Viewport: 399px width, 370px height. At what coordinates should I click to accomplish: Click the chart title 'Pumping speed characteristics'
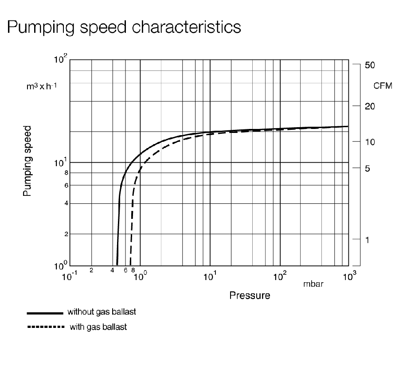[124, 27]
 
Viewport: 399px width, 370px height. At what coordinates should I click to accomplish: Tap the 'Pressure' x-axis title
[250, 295]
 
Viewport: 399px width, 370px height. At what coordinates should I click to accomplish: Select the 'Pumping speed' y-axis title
[27, 160]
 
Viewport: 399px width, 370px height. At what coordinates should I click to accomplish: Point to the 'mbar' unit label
[313, 284]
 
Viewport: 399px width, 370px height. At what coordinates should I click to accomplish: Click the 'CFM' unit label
[383, 86]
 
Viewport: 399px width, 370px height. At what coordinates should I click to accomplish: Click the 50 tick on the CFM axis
[370, 65]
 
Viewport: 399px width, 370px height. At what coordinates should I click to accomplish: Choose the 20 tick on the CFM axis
[370, 106]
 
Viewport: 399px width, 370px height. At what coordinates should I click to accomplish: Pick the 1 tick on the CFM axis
[367, 240]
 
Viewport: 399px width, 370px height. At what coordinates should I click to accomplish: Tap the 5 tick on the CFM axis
[367, 168]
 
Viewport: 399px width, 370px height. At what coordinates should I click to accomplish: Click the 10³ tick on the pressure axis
[350, 278]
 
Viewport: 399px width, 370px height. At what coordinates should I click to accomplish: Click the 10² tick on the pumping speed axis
[61, 59]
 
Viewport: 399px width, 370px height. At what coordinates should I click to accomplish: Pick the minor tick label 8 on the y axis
[66, 173]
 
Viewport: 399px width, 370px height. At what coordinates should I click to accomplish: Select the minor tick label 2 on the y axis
[66, 234]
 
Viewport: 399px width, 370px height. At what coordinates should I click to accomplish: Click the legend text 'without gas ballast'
[102, 312]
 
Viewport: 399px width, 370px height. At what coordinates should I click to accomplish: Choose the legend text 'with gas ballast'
[98, 327]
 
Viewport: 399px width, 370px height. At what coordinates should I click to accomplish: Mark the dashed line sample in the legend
[44, 327]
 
